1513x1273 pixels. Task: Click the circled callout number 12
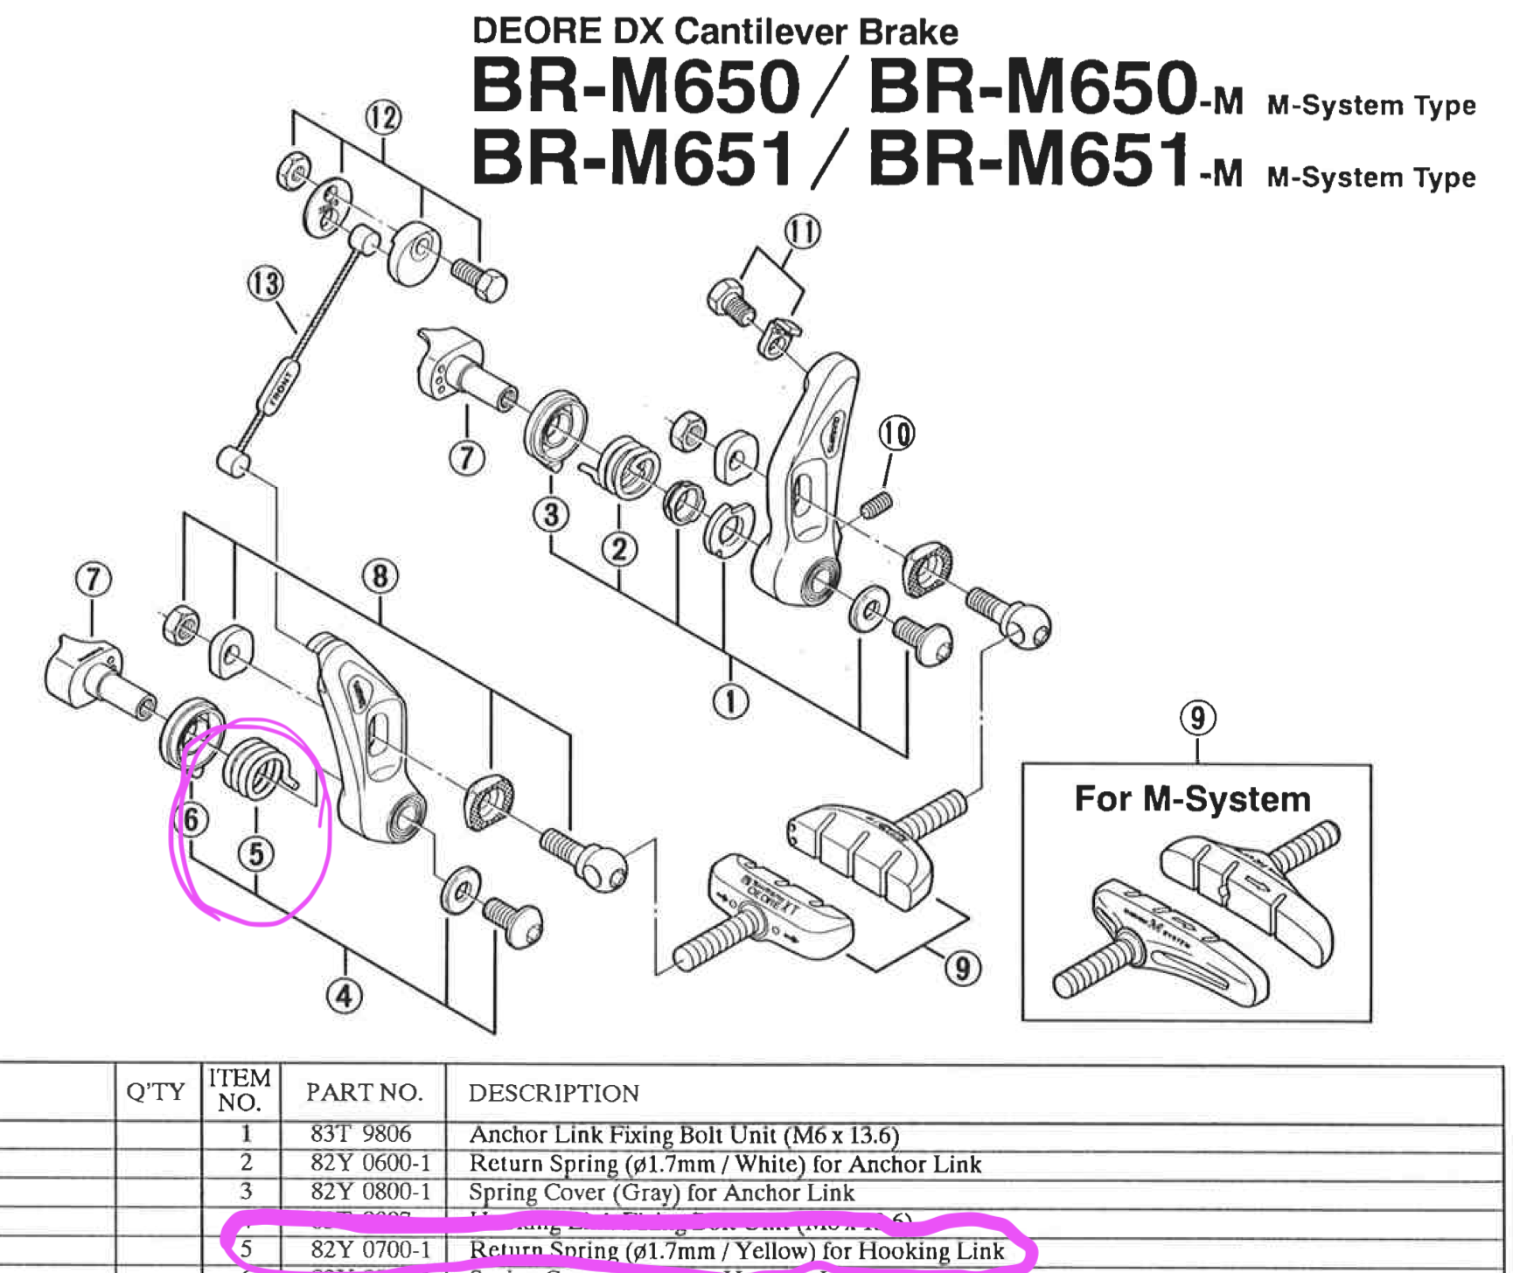383,117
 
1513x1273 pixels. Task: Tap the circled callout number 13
266,283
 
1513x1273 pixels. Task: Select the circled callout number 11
802,232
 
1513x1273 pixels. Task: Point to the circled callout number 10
896,433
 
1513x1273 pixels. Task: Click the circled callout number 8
380,576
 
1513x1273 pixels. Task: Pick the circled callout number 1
730,701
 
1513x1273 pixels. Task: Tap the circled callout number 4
344,996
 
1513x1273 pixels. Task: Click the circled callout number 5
256,853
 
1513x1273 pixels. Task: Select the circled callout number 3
551,514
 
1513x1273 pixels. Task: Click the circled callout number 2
619,549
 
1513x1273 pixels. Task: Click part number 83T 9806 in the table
360,1134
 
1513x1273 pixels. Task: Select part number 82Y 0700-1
371,1250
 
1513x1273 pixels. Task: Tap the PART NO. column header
364,1092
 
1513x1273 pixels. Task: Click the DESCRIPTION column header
554,1093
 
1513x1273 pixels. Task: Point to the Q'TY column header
156,1091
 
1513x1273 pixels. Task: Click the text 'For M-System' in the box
1192,799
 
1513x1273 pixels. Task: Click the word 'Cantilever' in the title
760,31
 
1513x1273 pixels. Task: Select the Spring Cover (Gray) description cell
661,1193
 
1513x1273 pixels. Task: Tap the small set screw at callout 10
877,504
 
